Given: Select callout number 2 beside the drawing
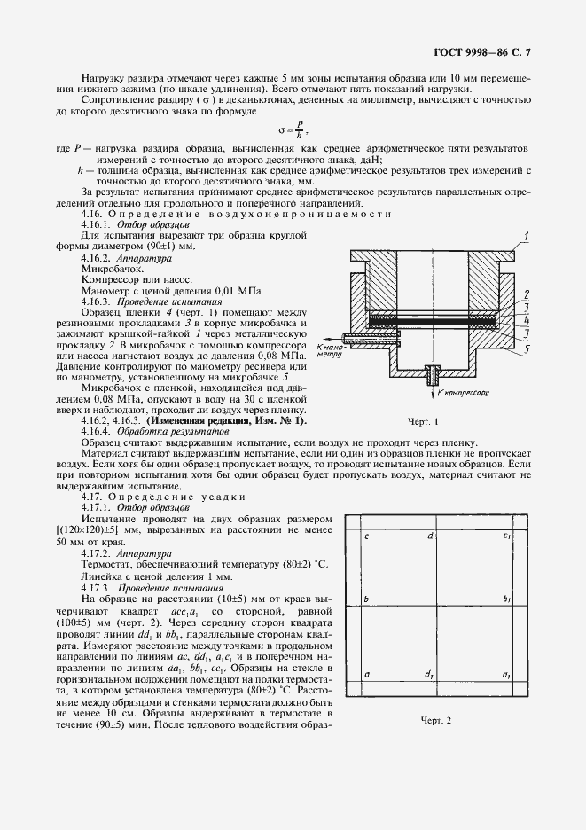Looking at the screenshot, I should pos(527,294).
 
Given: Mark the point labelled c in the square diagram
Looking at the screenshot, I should pos(367,536).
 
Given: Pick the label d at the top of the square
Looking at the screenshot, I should pos(430,536).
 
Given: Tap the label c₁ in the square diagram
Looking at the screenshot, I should pos(506,536).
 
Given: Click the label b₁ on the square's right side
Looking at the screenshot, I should pos(506,600).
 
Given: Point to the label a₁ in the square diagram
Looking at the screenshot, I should pos(506,676).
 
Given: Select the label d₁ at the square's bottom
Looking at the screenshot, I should pos(428,676).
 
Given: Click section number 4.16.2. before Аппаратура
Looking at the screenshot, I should pos(98,254).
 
